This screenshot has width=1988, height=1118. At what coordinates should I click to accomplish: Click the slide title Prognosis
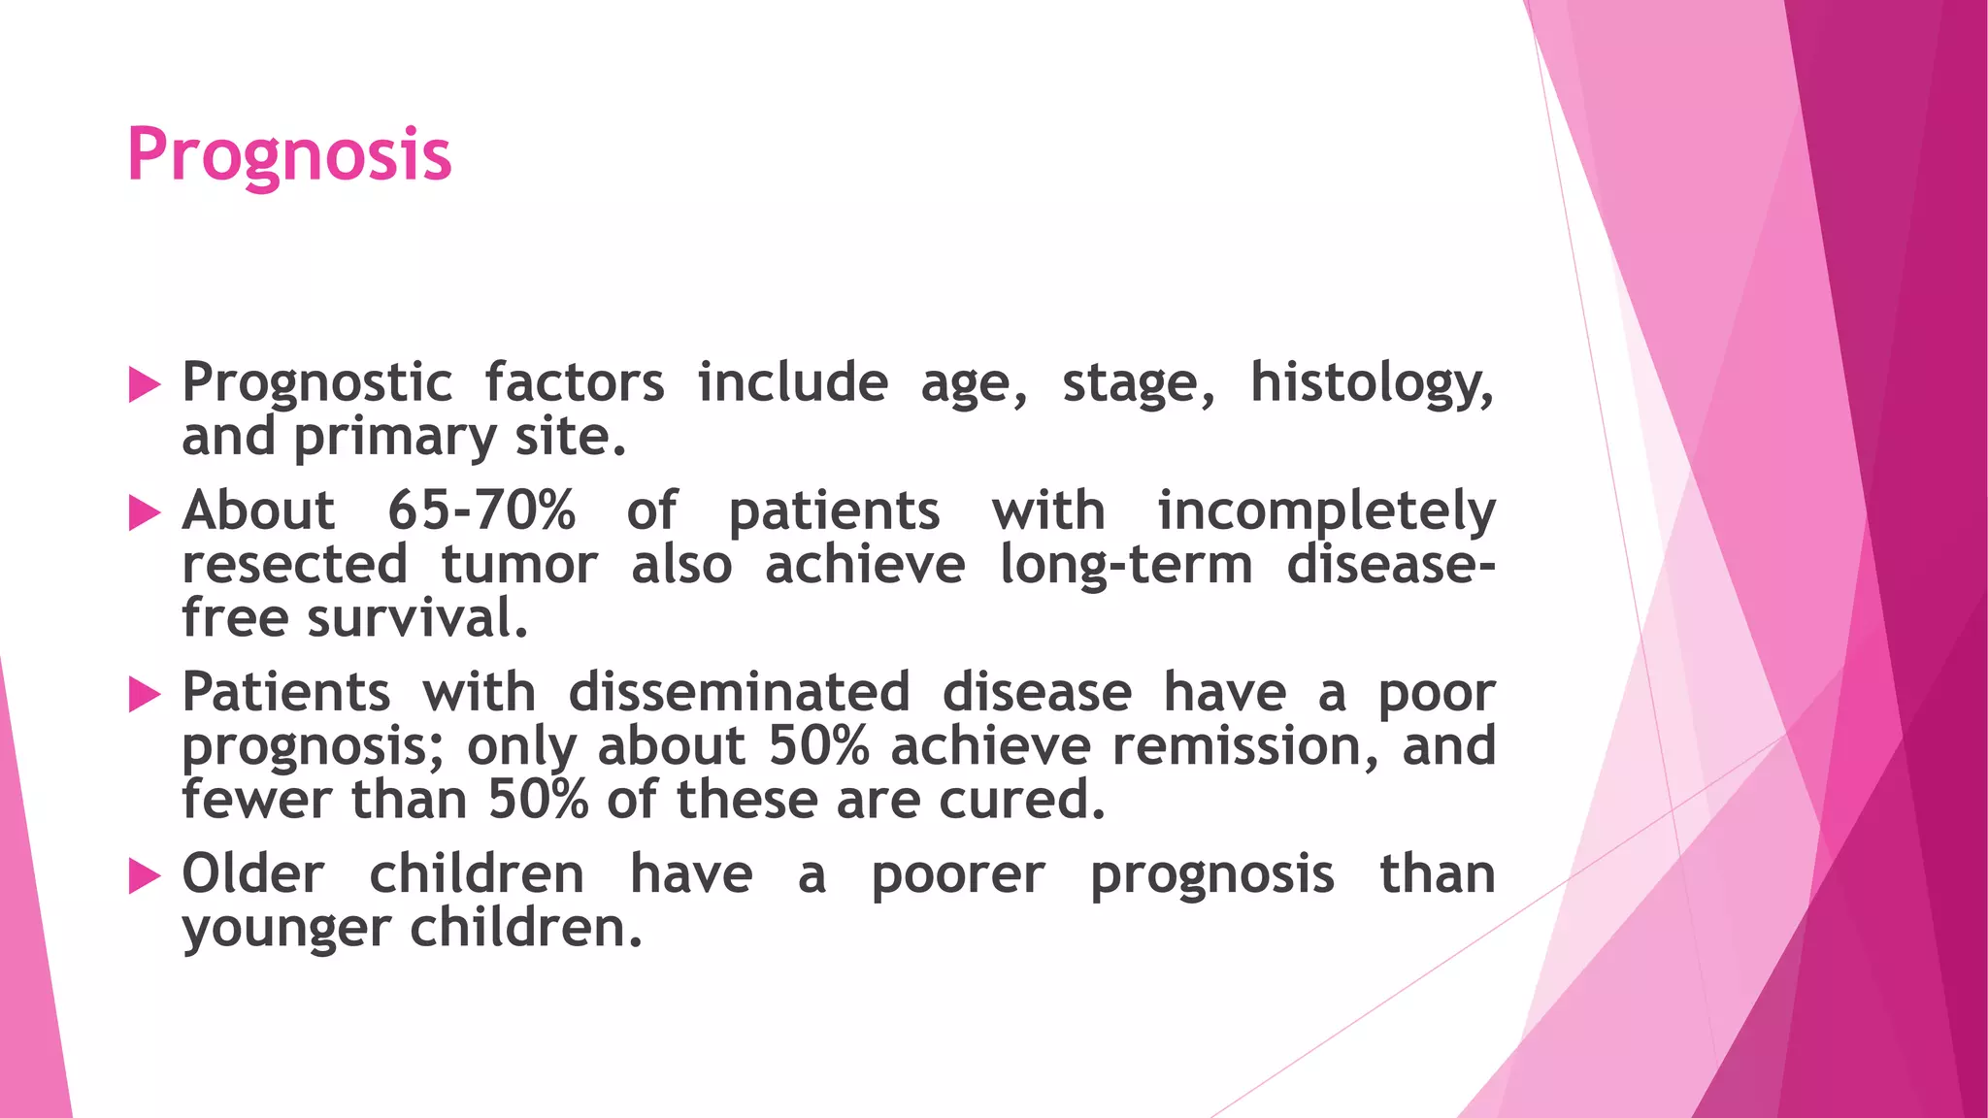289,155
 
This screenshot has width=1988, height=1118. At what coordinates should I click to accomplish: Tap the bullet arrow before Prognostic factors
144,385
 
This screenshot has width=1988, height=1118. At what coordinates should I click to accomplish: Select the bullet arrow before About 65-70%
144,513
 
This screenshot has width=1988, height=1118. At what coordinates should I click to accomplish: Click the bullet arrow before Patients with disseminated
144,695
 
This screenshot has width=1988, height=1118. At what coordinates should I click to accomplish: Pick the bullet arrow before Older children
144,876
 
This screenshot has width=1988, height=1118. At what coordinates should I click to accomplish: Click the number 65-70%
480,510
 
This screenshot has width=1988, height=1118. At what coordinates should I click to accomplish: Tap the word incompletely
1326,512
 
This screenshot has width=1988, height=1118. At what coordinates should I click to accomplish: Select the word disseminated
739,693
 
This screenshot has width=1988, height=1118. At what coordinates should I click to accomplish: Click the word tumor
519,565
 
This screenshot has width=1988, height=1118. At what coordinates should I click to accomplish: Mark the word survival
417,618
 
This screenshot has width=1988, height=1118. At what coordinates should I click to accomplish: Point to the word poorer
957,875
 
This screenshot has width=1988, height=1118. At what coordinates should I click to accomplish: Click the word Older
252,874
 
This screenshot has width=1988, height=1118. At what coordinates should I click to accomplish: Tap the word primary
395,438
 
